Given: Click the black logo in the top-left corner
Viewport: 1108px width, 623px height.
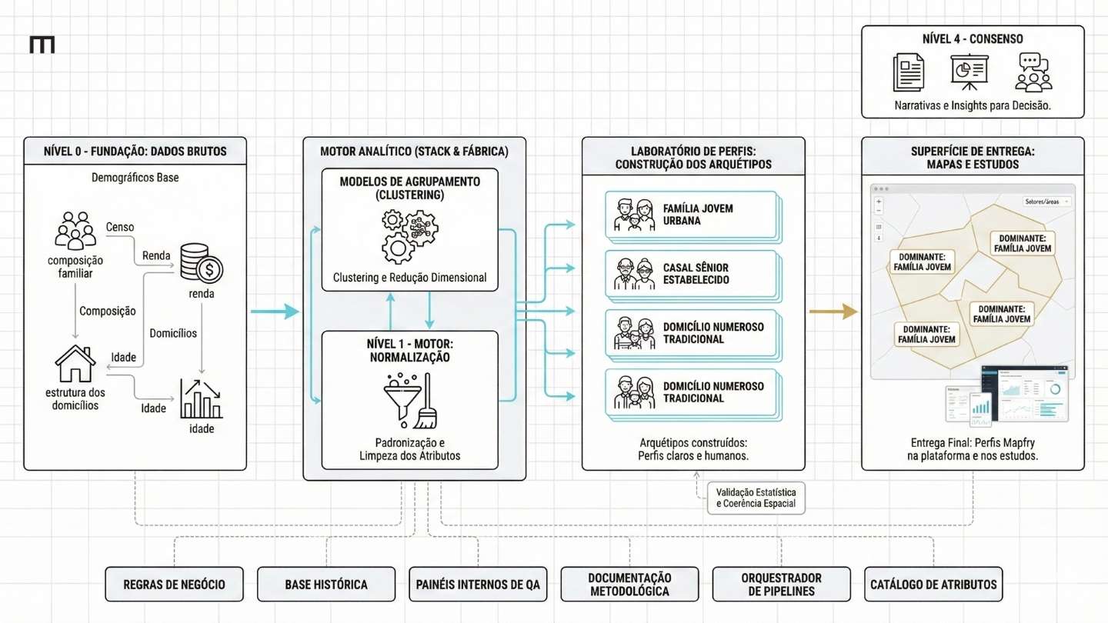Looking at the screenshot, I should (42, 45).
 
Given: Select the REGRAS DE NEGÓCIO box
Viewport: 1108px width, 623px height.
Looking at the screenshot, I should (174, 585).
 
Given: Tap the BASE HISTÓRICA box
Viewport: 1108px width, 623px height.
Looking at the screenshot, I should (326, 585).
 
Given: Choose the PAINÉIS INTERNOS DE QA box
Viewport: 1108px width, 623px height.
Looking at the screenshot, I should (478, 585).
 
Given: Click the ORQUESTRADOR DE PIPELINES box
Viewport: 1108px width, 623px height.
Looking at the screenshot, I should (781, 585).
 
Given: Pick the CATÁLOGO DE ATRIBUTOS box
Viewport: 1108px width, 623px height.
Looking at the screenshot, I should (933, 585).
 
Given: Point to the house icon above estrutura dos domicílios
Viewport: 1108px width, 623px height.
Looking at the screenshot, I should (75, 364).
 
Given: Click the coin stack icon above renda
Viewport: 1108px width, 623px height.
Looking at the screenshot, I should (200, 262).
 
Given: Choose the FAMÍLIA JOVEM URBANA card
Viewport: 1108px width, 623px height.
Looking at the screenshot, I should (692, 215).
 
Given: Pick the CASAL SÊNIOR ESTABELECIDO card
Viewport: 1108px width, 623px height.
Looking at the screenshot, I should (692, 274).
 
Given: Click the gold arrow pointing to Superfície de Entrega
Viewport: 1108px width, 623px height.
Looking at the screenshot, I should (833, 311).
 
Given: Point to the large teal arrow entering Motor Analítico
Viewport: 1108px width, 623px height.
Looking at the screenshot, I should (275, 311).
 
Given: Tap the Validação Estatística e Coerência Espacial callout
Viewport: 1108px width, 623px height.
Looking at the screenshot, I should (755, 498).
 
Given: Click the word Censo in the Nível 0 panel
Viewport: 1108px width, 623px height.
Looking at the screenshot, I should (119, 228).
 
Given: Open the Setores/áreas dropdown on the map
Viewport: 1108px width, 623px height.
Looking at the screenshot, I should (1047, 202).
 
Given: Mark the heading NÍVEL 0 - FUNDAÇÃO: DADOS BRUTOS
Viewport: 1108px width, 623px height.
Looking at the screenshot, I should (135, 152).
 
